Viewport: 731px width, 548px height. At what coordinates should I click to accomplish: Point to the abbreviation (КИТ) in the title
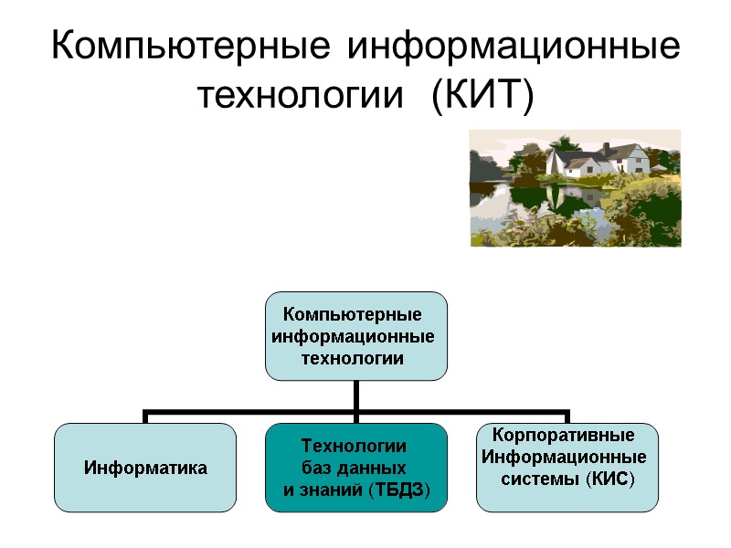coord(482,94)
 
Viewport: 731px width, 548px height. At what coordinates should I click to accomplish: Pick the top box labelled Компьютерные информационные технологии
coord(355,335)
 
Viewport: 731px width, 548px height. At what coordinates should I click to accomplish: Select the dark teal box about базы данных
coord(355,468)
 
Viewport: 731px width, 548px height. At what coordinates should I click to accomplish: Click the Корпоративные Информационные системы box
coord(567,466)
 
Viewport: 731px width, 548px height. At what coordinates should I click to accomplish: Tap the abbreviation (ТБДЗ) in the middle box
coord(398,491)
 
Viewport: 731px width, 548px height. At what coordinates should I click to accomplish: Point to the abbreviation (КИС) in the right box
coord(609,479)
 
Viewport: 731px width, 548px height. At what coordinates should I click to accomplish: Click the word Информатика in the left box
coord(145,469)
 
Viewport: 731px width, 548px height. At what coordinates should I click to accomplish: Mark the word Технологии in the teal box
coord(353,446)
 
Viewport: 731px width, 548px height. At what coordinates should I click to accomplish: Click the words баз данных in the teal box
coord(353,469)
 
